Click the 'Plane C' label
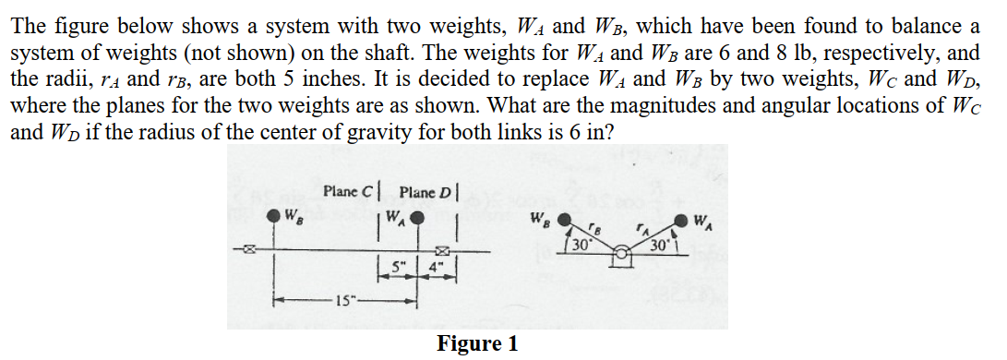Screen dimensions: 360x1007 [x=347, y=192]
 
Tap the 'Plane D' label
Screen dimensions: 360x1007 [x=425, y=192]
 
